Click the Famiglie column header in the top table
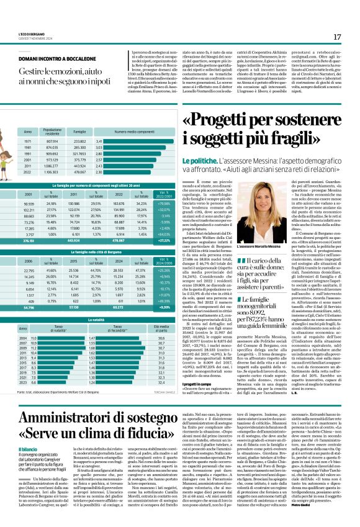pyautogui.click(x=80, y=132)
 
